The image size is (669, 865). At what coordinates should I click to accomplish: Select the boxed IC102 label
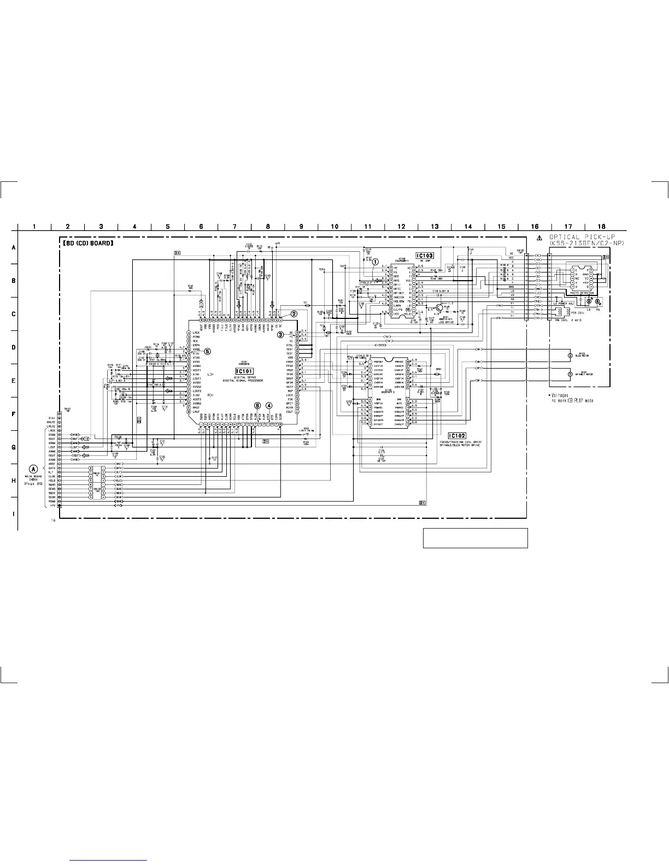click(x=457, y=436)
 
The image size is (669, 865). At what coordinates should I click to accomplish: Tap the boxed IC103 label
click(x=425, y=256)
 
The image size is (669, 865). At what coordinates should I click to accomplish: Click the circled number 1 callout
click(x=375, y=262)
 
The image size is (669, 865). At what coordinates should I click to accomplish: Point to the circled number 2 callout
click(x=294, y=314)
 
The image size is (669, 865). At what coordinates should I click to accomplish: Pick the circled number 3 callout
click(x=280, y=334)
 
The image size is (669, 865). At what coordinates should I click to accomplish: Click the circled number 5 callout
click(x=207, y=351)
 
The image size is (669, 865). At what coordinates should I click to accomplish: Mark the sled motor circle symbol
click(x=571, y=356)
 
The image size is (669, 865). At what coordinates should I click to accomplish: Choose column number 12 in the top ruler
click(x=401, y=227)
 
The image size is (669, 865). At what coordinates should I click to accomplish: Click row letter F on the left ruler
click(x=14, y=414)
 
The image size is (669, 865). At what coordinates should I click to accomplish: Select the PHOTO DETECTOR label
click(x=582, y=293)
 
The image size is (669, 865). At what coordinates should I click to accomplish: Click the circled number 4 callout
click(x=269, y=405)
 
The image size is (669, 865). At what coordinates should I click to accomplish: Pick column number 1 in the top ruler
click(x=34, y=227)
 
